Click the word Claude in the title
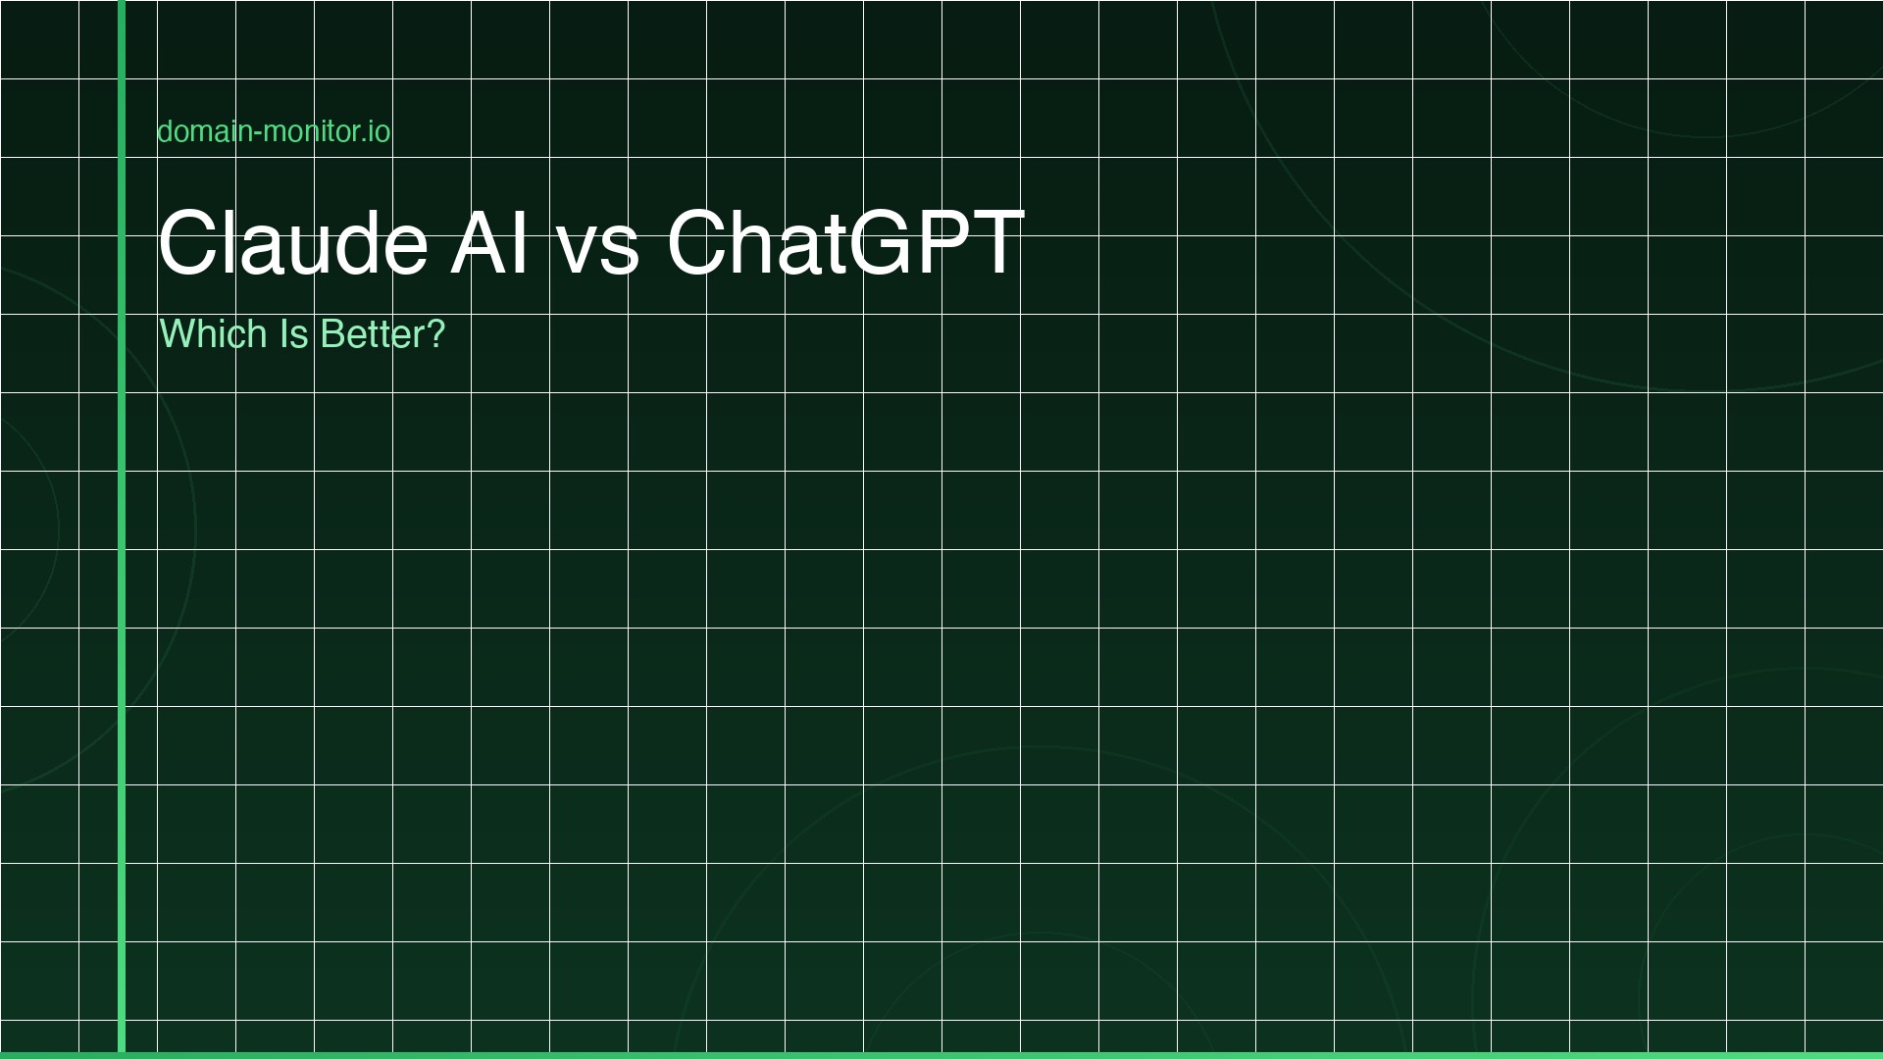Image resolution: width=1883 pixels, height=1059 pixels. [292, 242]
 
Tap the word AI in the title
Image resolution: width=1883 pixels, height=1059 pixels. [490, 242]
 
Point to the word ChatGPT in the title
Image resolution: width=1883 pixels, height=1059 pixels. [845, 242]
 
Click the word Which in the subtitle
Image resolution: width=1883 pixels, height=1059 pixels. [213, 334]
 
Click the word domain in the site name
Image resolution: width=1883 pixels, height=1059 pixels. [203, 131]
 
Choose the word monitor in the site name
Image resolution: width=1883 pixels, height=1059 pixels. [311, 131]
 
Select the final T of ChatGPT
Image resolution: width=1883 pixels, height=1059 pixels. [993, 242]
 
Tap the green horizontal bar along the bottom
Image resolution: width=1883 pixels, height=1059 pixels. [981, 1055]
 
